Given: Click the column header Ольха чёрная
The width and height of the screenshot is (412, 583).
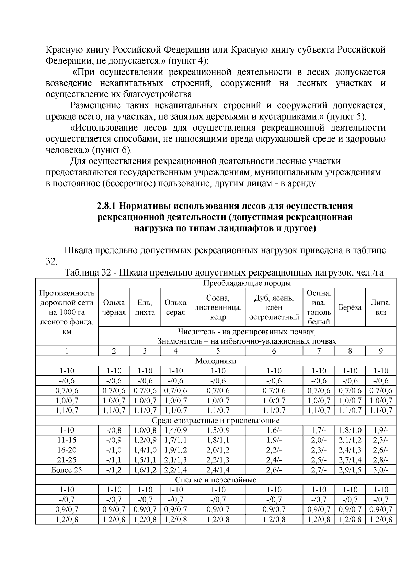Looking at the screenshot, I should (x=114, y=307).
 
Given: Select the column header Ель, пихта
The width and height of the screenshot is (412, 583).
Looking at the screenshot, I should (x=145, y=307).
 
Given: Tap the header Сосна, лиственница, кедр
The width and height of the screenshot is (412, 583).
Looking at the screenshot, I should (x=218, y=307).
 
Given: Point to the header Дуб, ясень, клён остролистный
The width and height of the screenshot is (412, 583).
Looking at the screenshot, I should (x=274, y=307).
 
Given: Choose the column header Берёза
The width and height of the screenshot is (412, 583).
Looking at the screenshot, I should (x=350, y=307).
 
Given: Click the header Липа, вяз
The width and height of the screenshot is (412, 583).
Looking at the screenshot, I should (x=381, y=307).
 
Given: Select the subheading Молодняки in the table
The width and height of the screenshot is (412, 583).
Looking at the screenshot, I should (x=216, y=361).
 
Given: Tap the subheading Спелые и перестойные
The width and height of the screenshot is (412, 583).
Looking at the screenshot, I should (x=216, y=480).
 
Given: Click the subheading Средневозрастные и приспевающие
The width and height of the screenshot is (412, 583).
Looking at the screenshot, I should (x=216, y=421).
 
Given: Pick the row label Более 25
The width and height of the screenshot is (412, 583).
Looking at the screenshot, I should (x=67, y=470).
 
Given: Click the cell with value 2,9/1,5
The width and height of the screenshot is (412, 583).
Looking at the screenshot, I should (x=350, y=470).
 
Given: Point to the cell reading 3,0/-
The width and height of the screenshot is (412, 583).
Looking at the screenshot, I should (x=381, y=470).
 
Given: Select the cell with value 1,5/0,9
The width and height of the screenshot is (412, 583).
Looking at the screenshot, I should (x=218, y=430).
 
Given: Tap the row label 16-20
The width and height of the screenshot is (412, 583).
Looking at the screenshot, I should (x=67, y=450).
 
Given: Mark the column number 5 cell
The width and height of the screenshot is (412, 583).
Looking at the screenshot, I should (x=218, y=351).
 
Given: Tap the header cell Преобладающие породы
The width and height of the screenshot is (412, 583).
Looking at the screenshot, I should (x=247, y=283).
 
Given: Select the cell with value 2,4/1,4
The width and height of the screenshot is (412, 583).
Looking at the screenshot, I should (x=218, y=470).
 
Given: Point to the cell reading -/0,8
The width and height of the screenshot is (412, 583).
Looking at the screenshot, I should (x=114, y=430).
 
